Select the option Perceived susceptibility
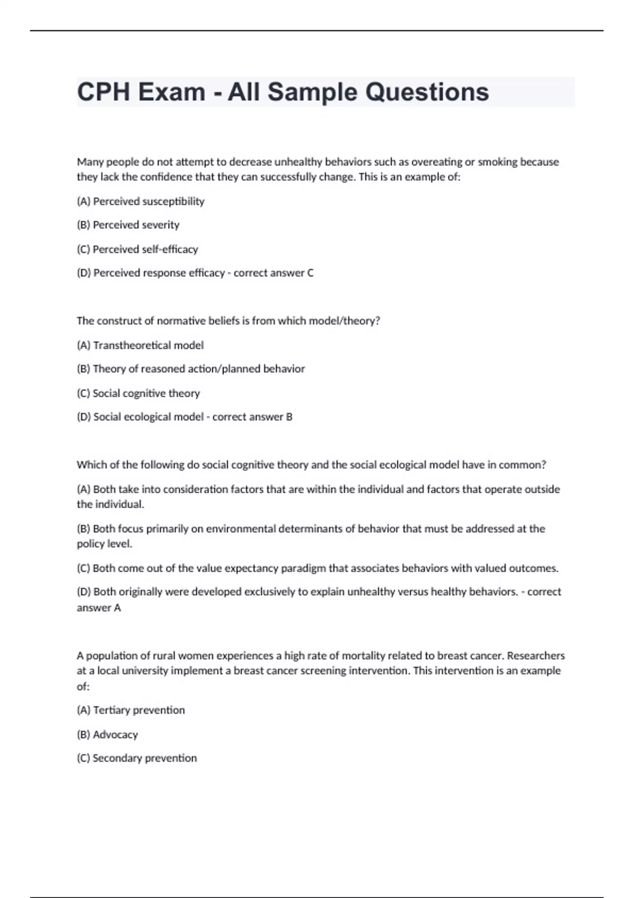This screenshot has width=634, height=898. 141,201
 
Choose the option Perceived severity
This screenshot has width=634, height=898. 128,225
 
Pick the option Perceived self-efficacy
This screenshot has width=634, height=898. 137,249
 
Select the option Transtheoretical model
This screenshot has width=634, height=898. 141,345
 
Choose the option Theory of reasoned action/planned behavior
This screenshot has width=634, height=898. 191,369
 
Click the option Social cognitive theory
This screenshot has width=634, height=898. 138,393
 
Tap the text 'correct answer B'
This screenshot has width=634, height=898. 253,417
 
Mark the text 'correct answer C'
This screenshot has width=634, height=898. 274,273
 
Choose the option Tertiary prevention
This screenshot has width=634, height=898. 131,710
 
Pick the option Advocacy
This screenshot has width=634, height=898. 107,734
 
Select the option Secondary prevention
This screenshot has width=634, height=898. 137,758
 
